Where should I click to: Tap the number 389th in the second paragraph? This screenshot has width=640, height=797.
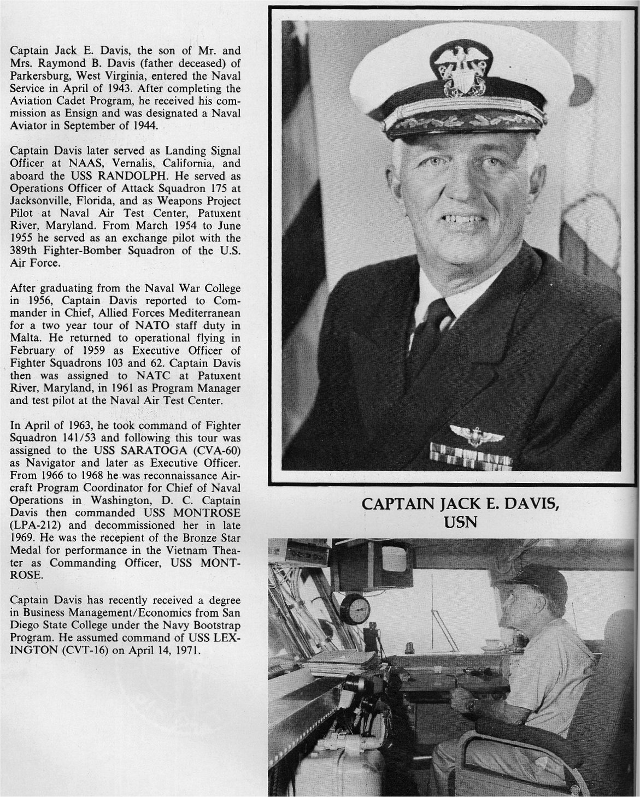point(25,251)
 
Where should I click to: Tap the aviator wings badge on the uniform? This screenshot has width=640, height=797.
point(473,435)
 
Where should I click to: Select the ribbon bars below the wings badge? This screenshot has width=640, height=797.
point(471,456)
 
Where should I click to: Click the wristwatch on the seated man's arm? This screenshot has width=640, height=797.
point(470,705)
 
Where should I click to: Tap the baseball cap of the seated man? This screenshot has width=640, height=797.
point(533,581)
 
